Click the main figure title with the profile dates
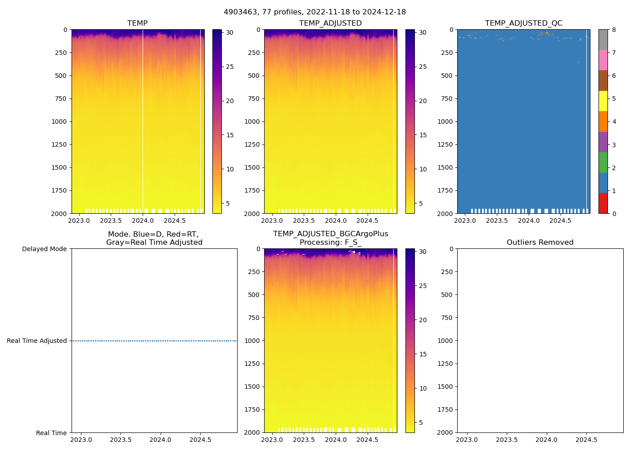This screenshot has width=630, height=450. [315, 12]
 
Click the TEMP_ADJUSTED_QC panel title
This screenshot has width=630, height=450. [523, 23]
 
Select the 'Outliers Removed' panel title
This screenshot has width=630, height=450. [540, 242]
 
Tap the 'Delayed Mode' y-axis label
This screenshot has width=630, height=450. [44, 249]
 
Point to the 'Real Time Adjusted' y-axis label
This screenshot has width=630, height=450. [36, 341]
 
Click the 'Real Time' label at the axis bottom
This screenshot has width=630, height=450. [51, 433]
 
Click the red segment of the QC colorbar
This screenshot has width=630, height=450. [603, 203]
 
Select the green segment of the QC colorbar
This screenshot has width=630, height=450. [603, 162]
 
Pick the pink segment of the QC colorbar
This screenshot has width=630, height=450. [603, 60]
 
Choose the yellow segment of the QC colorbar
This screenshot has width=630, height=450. [603, 101]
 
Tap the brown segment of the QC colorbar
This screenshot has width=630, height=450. [603, 81]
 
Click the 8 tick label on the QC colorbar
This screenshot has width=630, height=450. [614, 30]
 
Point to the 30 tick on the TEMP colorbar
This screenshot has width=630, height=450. [229, 32]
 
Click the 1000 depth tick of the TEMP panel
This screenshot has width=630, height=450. [59, 121]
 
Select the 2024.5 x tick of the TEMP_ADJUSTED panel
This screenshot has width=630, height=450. [367, 220]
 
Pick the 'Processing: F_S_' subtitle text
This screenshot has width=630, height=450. [330, 242]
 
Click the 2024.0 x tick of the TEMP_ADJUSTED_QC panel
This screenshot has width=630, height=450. [529, 220]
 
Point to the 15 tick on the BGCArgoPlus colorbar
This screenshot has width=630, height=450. [423, 354]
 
